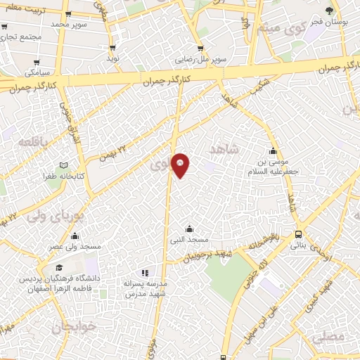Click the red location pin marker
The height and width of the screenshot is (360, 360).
click(180, 165)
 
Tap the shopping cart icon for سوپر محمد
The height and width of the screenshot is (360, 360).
click(67, 14)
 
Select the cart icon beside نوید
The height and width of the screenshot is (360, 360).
click(112, 48)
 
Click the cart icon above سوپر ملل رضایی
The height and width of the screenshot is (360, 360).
click(200, 49)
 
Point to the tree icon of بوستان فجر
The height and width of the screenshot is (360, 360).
click(330, 10)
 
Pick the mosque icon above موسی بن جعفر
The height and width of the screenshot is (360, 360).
click(273, 150)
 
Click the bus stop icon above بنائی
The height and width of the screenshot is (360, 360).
click(299, 234)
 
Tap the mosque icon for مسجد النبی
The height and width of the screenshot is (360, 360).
click(188, 229)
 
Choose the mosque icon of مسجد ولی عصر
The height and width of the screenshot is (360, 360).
click(75, 236)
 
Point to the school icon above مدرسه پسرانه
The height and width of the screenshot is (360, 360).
click(145, 272)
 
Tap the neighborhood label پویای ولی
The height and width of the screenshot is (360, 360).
click(47, 214)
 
